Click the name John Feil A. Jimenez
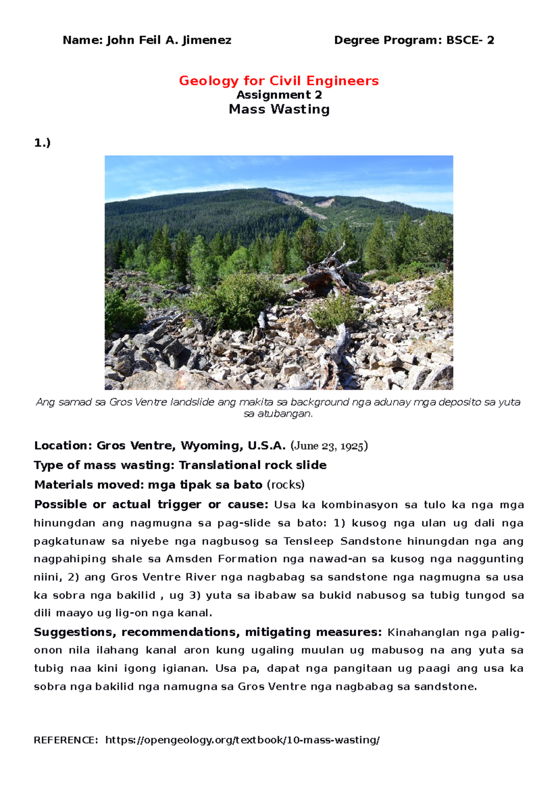point(169,40)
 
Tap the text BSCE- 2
point(470,40)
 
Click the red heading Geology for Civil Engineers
point(279,81)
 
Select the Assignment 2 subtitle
point(279,95)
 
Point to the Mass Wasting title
point(279,110)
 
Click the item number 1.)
point(42,143)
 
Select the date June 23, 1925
point(329,446)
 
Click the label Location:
point(63,446)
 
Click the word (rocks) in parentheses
point(286,485)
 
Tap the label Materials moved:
point(89,485)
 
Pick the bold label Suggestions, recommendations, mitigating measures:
point(207,632)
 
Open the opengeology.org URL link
point(242,740)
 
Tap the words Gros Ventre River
point(164,577)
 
